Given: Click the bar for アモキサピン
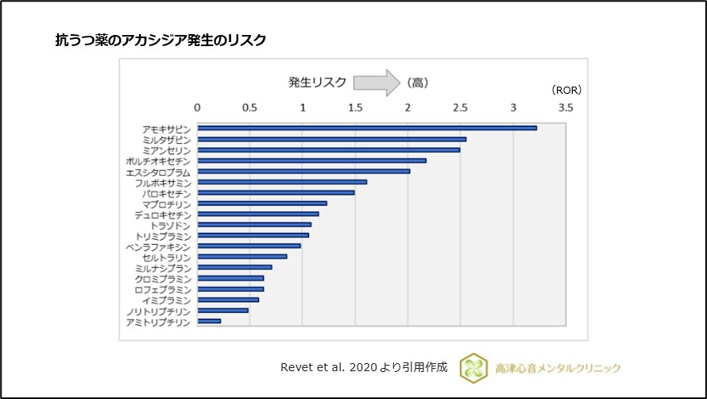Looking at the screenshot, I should (x=367, y=127).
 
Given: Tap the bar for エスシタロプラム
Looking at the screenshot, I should (x=303, y=171).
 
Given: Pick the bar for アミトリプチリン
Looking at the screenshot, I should (x=209, y=321).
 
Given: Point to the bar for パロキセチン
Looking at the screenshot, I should (x=276, y=192).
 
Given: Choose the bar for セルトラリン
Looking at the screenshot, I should (x=242, y=257).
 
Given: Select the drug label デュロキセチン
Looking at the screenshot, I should (x=163, y=215).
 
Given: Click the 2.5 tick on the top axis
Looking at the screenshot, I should (x=460, y=107).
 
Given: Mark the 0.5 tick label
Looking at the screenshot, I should (x=249, y=107).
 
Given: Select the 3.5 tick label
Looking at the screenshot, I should (x=565, y=107).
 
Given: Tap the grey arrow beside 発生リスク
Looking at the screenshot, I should (x=376, y=82).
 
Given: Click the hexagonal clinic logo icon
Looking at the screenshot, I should (x=474, y=368).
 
